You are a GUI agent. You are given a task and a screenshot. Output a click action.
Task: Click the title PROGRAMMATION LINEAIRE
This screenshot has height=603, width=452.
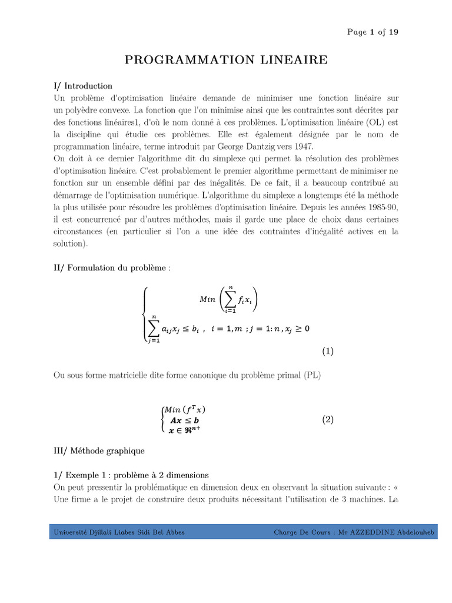coord(225,60)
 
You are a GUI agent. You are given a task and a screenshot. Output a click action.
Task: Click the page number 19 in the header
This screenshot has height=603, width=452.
coord(393,32)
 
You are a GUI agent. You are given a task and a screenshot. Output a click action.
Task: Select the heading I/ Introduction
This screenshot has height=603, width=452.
coord(83,86)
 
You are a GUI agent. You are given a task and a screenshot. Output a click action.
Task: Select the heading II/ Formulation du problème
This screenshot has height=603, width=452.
coord(112,268)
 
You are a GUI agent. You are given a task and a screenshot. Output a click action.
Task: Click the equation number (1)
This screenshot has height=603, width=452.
coord(328,352)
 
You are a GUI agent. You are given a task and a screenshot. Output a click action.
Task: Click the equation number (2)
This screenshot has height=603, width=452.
coord(328,420)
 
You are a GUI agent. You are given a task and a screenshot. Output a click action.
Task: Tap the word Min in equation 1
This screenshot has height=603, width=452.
coord(208,299)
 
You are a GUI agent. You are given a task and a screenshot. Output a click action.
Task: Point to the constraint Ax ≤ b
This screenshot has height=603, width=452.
coord(184,420)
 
